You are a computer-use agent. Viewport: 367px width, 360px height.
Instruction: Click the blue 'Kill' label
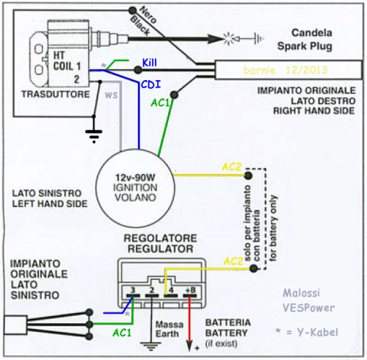coord(149,62)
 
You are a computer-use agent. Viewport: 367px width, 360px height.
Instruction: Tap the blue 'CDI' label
coord(151,84)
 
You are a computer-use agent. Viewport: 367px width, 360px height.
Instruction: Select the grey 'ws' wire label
coord(112,95)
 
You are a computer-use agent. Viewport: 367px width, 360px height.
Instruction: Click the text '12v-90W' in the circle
coord(135,177)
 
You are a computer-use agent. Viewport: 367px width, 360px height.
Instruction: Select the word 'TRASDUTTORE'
coord(56,94)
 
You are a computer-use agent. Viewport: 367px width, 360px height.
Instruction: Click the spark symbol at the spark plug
coord(229,39)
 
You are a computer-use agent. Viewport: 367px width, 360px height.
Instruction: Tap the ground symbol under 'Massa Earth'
coord(150,346)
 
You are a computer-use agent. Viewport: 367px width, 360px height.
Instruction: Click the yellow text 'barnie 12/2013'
coord(286,71)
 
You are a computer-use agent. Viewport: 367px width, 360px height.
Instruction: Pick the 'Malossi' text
coord(301,293)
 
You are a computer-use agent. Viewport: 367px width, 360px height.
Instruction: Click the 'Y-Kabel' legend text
coord(318,332)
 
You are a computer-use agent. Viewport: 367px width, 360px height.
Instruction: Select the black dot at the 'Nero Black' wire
coord(132,10)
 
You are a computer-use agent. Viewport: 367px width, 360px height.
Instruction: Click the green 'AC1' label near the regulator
coord(122,333)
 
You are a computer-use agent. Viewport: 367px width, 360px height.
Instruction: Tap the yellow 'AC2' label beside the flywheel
coord(231,167)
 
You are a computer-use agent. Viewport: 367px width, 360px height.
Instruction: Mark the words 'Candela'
coord(312,33)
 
